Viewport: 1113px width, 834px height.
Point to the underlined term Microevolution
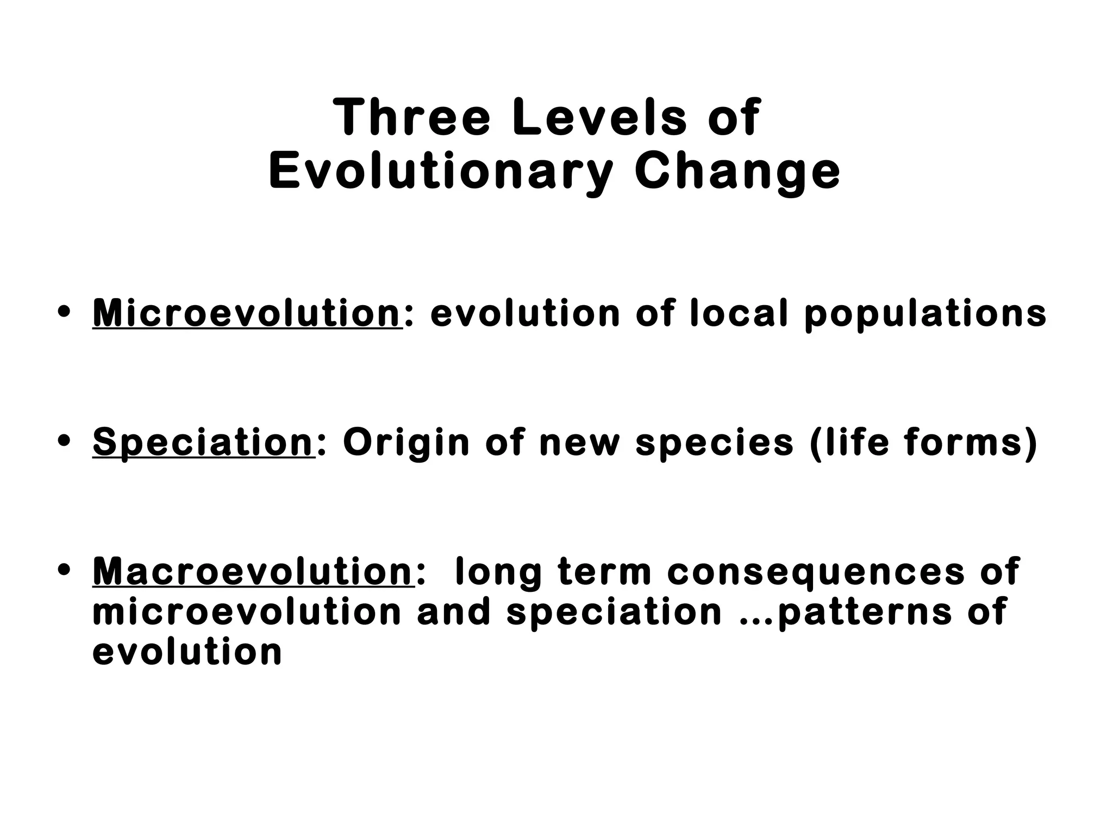click(x=247, y=313)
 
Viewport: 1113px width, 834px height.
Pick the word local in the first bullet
click(x=739, y=313)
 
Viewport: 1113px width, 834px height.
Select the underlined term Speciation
click(x=203, y=443)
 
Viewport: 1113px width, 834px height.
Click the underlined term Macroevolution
click(x=253, y=571)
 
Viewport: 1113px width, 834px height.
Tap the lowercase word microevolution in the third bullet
click(x=247, y=612)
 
